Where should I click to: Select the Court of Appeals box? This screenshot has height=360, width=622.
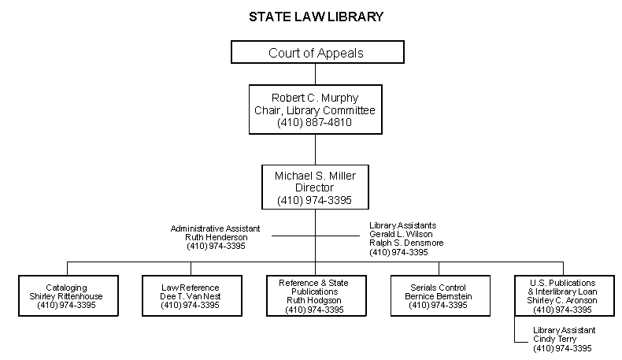tap(316, 53)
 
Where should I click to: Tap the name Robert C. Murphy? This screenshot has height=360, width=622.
tap(315, 98)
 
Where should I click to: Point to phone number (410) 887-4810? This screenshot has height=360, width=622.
tap(315, 123)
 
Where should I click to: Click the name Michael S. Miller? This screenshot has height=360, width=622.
tap(315, 175)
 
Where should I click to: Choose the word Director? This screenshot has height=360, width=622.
tap(315, 187)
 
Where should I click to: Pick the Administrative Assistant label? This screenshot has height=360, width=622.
tap(216, 228)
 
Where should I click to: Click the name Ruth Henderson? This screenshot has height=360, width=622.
tap(216, 237)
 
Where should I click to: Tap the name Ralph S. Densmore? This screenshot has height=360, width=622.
tap(406, 243)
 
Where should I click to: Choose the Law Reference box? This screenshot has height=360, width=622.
tap(191, 295)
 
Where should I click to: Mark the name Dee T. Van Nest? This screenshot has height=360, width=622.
tap(191, 296)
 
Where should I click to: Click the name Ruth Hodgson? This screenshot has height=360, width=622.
tap(314, 301)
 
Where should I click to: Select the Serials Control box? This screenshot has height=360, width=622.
tap(438, 295)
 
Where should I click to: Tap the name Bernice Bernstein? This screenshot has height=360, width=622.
tap(438, 296)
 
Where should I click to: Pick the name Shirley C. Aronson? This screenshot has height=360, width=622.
tap(562, 301)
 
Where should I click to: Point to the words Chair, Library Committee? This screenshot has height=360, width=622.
tap(315, 110)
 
